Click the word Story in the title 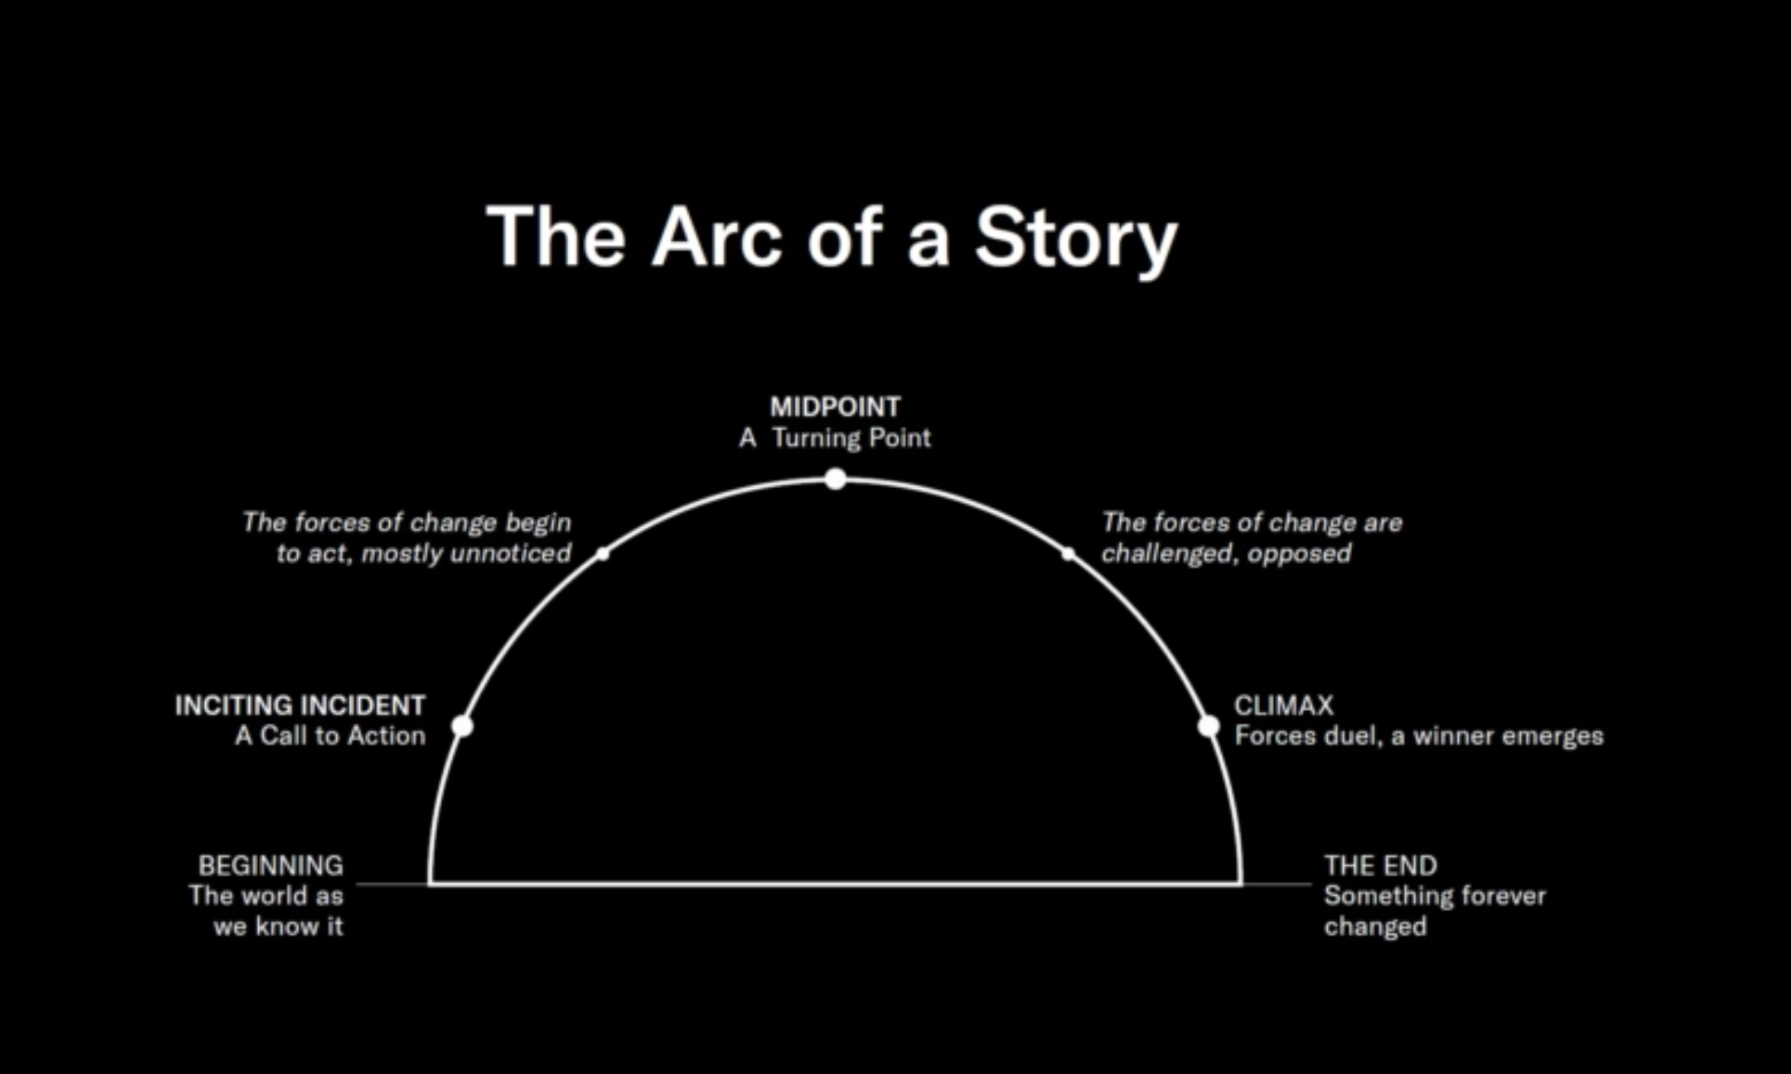click(x=1076, y=238)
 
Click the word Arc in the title click(x=717, y=238)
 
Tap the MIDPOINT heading click(x=835, y=406)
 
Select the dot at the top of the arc click(x=835, y=479)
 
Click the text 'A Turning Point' click(x=835, y=438)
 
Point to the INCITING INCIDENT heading click(x=300, y=705)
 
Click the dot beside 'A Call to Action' click(x=462, y=725)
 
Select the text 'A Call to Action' click(x=331, y=736)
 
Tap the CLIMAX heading click(x=1284, y=705)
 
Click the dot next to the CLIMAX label click(x=1209, y=726)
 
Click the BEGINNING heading click(x=270, y=865)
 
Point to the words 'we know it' click(x=278, y=926)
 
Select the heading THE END click(x=1381, y=865)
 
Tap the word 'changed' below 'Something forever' click(x=1375, y=926)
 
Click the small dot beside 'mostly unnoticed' click(x=602, y=554)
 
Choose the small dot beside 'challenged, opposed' click(x=1068, y=554)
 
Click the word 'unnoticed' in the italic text click(x=510, y=553)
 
